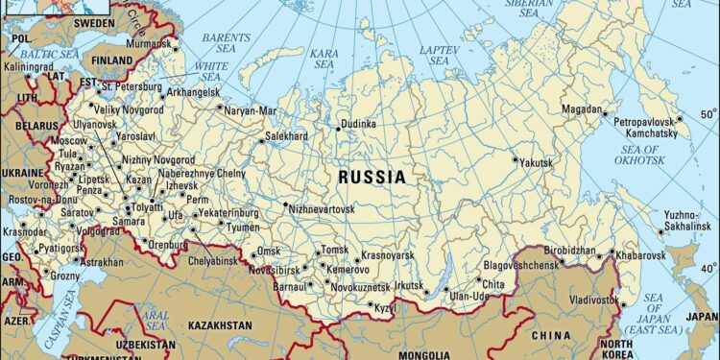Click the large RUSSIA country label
[372, 178]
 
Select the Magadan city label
[583, 108]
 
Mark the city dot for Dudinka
[338, 124]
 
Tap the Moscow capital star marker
[87, 153]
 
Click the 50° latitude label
[708, 119]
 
